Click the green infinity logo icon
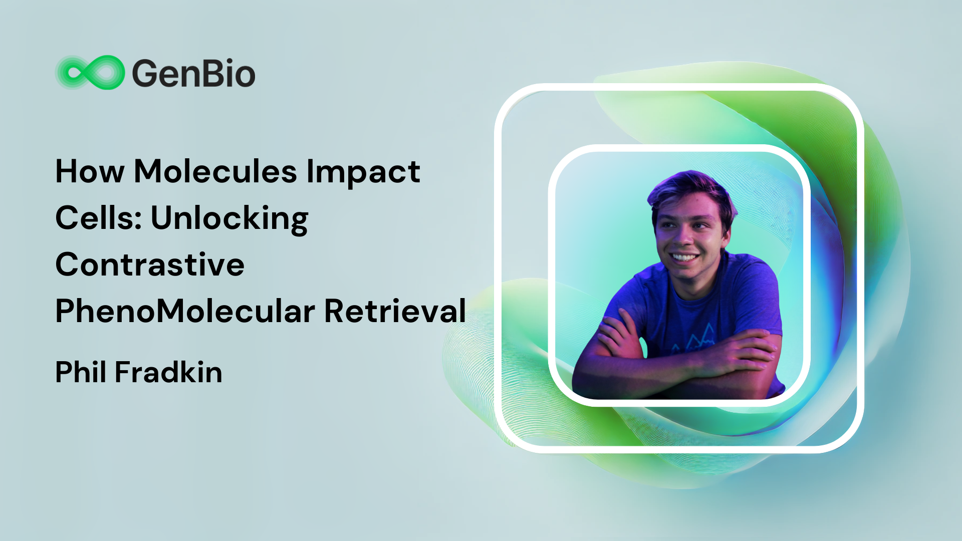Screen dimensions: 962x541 pos(90,73)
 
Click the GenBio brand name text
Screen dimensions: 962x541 pos(193,73)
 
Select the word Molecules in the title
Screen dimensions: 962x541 pos(215,171)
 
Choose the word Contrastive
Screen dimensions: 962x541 pos(150,264)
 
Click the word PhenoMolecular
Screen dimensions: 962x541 pos(185,311)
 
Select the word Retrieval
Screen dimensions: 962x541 pos(395,311)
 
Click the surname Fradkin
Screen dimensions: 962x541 pos(168,372)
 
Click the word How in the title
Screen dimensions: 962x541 pos(90,171)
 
